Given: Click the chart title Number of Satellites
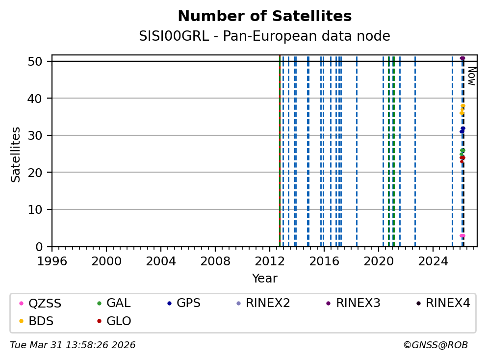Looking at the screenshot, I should pyautogui.click(x=264, y=16).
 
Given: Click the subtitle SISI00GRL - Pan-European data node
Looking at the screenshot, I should pyautogui.click(x=264, y=36).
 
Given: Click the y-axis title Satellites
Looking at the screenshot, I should pyautogui.click(x=16, y=154).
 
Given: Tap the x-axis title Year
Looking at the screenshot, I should pyautogui.click(x=264, y=279).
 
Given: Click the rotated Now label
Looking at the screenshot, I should pyautogui.click(x=471, y=76).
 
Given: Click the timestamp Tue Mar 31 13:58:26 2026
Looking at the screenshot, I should pyautogui.click(x=73, y=345).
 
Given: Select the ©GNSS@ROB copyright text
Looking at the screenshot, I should pyautogui.click(x=435, y=345).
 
